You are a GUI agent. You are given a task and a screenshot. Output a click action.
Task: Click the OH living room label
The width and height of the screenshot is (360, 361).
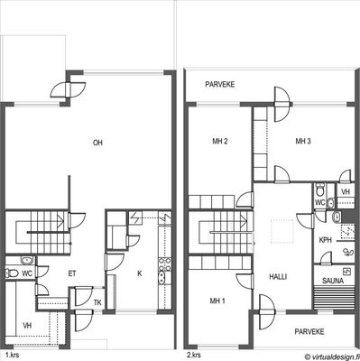point(97,143)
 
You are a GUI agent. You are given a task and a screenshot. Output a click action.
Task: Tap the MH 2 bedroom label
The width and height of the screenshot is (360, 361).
point(220,141)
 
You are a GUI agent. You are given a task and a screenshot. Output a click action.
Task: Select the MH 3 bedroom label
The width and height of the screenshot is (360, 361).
point(303,141)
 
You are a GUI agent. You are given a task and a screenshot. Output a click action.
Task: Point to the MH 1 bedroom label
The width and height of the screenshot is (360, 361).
point(217,301)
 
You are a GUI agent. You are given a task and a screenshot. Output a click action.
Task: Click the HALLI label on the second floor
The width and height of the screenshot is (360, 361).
point(278,277)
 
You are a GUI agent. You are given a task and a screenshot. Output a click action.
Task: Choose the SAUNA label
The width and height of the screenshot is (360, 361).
point(333,281)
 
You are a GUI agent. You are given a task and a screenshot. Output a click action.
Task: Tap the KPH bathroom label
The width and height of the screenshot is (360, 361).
point(325,240)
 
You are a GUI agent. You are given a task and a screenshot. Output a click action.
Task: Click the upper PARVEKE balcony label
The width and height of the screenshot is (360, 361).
point(220,85)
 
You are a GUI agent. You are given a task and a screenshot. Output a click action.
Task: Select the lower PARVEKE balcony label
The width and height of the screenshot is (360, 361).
point(309,331)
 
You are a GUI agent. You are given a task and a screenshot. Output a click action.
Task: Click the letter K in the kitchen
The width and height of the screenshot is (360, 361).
point(140,273)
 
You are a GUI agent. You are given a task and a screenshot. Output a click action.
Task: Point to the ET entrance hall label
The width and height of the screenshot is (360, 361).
point(72,273)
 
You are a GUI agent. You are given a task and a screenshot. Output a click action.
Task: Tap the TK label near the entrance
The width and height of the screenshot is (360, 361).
point(97,302)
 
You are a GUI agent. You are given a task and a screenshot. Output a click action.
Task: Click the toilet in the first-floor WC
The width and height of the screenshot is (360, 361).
point(12,273)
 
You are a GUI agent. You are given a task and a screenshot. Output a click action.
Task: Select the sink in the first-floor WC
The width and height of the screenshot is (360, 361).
point(27,260)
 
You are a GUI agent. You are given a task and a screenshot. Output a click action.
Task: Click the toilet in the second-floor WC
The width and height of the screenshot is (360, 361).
point(319,190)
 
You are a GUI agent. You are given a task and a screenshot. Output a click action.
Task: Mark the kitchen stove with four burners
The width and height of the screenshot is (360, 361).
point(165,264)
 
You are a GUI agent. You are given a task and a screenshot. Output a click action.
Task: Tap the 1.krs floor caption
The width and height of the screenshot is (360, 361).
point(13,355)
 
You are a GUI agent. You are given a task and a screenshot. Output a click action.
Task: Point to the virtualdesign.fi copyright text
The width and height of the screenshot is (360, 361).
point(331,356)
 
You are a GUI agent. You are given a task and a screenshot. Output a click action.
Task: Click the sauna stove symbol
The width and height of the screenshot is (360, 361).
point(347,272)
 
